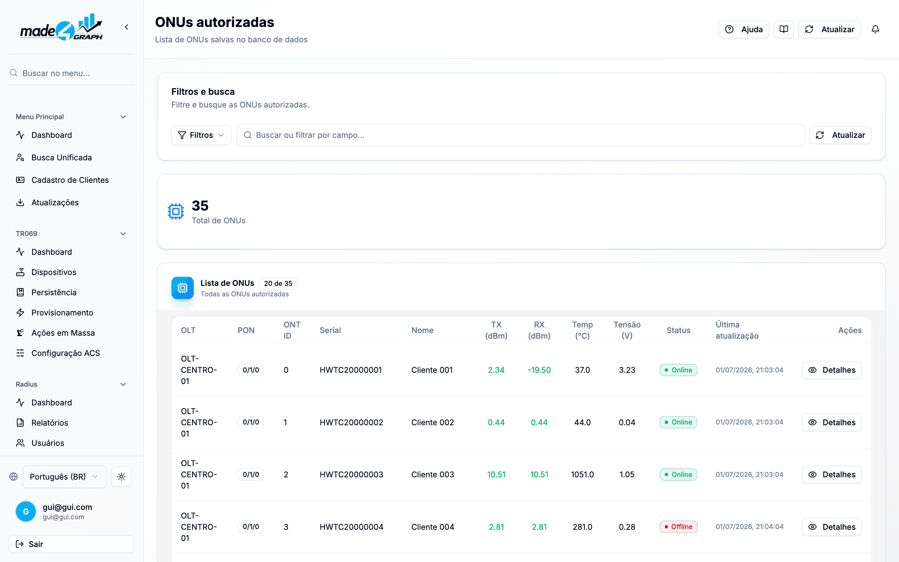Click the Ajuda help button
coord(744,29)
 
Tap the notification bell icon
coord(875,29)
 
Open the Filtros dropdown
coord(201,135)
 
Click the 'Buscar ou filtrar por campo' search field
coord(520,135)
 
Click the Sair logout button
coord(72,544)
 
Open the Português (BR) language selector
coord(64,477)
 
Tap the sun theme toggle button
coord(121,477)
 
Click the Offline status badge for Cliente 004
coord(678,527)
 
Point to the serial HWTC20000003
coord(351,474)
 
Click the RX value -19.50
coord(539,370)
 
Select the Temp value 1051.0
coord(582,474)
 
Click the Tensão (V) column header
coord(627,330)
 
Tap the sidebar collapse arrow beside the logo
coord(127,27)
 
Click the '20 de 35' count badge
coord(278,283)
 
